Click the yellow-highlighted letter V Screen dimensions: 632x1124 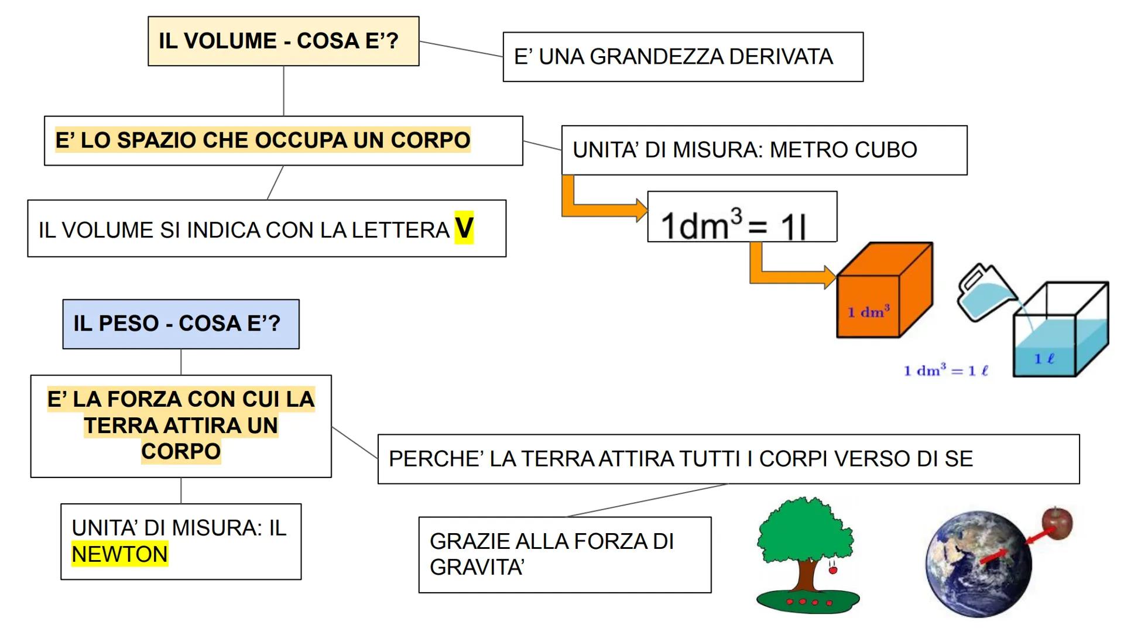click(x=464, y=228)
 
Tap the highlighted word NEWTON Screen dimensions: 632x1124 click(x=119, y=554)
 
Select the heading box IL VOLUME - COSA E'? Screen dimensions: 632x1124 click(x=283, y=41)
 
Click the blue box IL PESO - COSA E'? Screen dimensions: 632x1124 click(x=181, y=324)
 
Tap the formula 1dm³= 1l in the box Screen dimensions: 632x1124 click(x=735, y=225)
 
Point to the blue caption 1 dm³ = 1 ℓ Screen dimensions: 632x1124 click(x=946, y=370)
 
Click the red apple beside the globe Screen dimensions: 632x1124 click(x=1057, y=523)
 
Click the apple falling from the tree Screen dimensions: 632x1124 click(x=832, y=569)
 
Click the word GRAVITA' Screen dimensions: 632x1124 click(x=477, y=567)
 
